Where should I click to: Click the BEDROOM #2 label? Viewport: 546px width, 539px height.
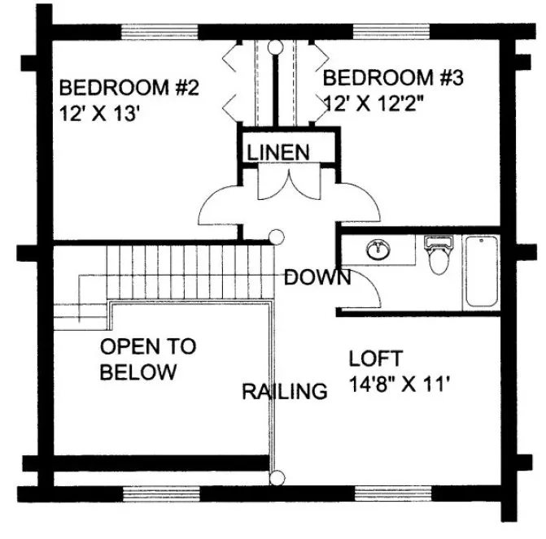click(x=129, y=87)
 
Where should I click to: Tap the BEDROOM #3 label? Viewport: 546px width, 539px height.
click(x=394, y=78)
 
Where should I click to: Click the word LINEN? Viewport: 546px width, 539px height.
click(x=278, y=151)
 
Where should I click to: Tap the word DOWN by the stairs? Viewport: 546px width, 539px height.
click(x=317, y=277)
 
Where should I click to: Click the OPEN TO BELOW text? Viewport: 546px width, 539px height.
click(x=147, y=359)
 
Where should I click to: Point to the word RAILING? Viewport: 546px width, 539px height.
click(x=285, y=392)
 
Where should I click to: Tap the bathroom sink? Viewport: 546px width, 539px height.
click(x=378, y=250)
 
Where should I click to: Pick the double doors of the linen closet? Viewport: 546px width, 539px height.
click(x=279, y=182)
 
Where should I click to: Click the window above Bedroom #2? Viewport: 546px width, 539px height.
click(x=159, y=33)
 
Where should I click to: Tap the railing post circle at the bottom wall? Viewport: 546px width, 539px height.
click(x=277, y=478)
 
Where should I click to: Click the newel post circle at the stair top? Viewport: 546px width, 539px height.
click(x=277, y=237)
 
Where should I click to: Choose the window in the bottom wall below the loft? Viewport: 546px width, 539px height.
click(x=391, y=493)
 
